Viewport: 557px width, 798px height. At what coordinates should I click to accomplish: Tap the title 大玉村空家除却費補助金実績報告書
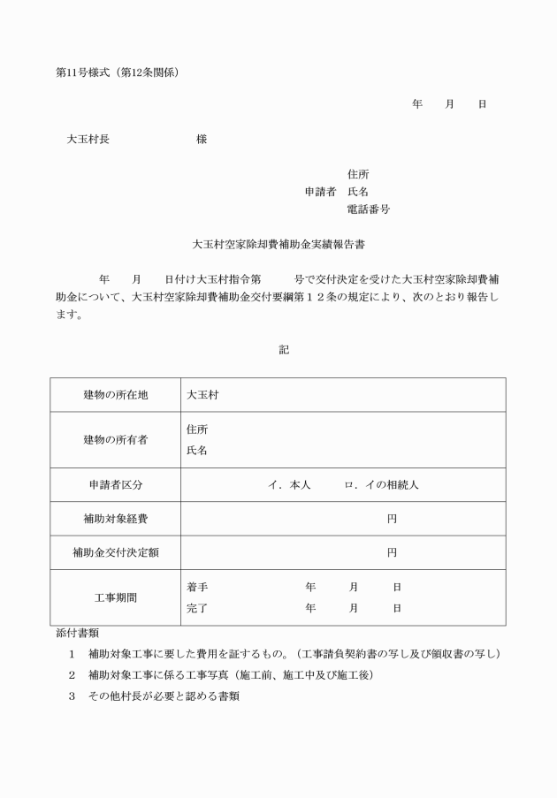pos(279,241)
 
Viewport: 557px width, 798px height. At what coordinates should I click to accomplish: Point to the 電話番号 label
pos(369,209)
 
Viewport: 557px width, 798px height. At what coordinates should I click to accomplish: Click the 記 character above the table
pos(284,350)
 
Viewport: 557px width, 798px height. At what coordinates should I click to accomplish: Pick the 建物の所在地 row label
pos(115,395)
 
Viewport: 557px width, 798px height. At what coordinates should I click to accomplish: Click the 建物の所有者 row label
pos(115,439)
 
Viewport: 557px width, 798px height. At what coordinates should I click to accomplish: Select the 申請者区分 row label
pos(115,485)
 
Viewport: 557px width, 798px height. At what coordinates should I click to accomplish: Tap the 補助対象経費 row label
pos(115,519)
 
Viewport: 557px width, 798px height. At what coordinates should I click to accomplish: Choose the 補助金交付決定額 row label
pos(115,552)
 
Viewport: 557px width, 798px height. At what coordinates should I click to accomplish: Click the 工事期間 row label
pos(115,597)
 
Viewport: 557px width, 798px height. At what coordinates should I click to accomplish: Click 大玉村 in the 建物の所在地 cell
pos(202,395)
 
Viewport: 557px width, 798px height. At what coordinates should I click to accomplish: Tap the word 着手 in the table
pos(197,587)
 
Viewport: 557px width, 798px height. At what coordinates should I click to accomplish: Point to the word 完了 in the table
pos(197,608)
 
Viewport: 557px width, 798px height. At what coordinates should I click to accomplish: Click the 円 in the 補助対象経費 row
pos(392,519)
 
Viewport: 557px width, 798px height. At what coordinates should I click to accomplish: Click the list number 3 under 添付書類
pos(72,695)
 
